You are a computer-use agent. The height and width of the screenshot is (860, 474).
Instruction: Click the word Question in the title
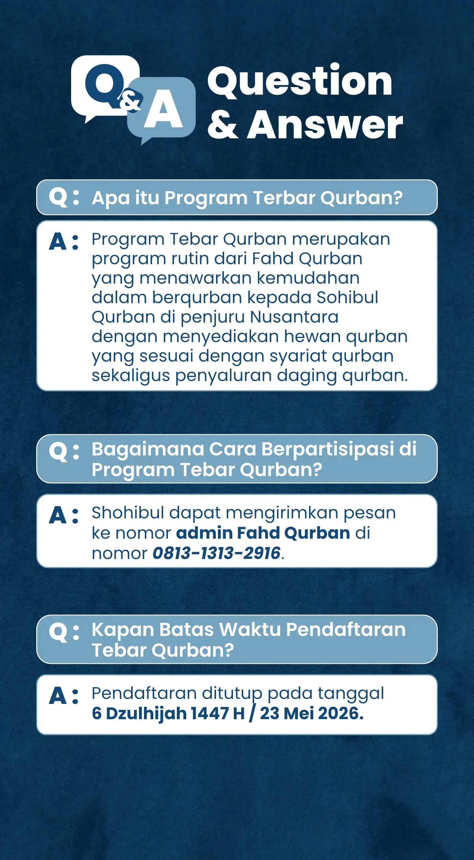coord(300,81)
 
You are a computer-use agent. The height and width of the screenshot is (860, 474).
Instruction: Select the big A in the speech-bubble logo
coord(163,110)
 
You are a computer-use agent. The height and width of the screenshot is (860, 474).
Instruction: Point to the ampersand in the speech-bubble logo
coord(130,100)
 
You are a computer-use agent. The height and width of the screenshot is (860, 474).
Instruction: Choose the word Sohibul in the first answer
coord(347,297)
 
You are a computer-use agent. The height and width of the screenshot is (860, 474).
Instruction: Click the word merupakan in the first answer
coord(341,239)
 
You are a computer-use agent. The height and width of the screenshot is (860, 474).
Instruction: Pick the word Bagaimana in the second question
coord(148,449)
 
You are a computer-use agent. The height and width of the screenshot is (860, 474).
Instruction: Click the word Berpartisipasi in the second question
coord(328,449)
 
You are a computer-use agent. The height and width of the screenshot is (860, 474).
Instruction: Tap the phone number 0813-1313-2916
coord(216,553)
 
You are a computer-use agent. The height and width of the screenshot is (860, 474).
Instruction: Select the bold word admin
coord(204,533)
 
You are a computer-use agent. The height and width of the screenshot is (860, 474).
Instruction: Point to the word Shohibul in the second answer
coord(128,512)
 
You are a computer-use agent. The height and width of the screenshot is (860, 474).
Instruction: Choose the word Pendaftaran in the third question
coord(346,630)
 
